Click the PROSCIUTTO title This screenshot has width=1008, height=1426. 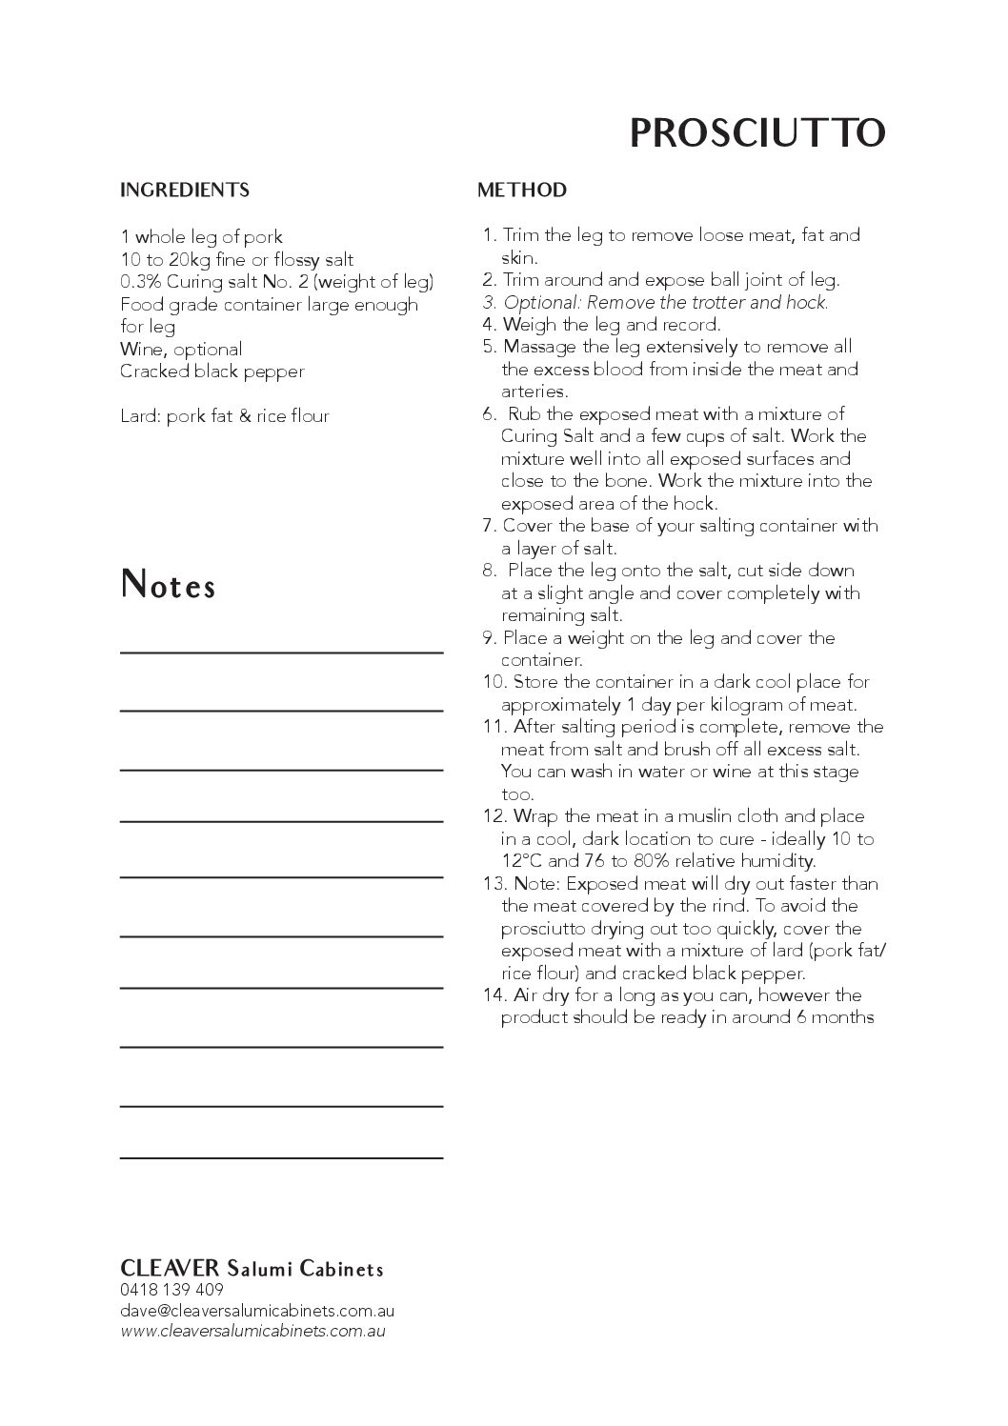pyautogui.click(x=757, y=133)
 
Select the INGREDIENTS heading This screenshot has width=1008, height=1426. pyautogui.click(x=185, y=190)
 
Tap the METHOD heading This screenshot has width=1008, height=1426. pyautogui.click(x=522, y=190)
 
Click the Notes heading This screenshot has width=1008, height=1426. pyautogui.click(x=169, y=586)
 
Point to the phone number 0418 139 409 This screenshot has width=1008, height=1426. pyautogui.click(x=172, y=1290)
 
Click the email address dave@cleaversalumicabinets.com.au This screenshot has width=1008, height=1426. pyautogui.click(x=257, y=1311)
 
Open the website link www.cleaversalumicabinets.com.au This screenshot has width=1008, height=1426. pyautogui.click(x=253, y=1331)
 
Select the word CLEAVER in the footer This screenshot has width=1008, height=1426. pyautogui.click(x=170, y=1269)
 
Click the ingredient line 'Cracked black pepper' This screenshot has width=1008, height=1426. pyautogui.click(x=212, y=372)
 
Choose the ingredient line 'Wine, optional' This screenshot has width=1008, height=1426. pyautogui.click(x=181, y=349)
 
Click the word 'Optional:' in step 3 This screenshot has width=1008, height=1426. pyautogui.click(x=541, y=302)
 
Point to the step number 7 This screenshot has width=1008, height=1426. pyautogui.click(x=489, y=526)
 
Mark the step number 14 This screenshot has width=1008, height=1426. pyautogui.click(x=493, y=995)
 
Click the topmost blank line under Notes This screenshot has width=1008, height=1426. pyautogui.click(x=282, y=651)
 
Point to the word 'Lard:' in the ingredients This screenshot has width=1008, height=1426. pyautogui.click(x=139, y=416)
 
